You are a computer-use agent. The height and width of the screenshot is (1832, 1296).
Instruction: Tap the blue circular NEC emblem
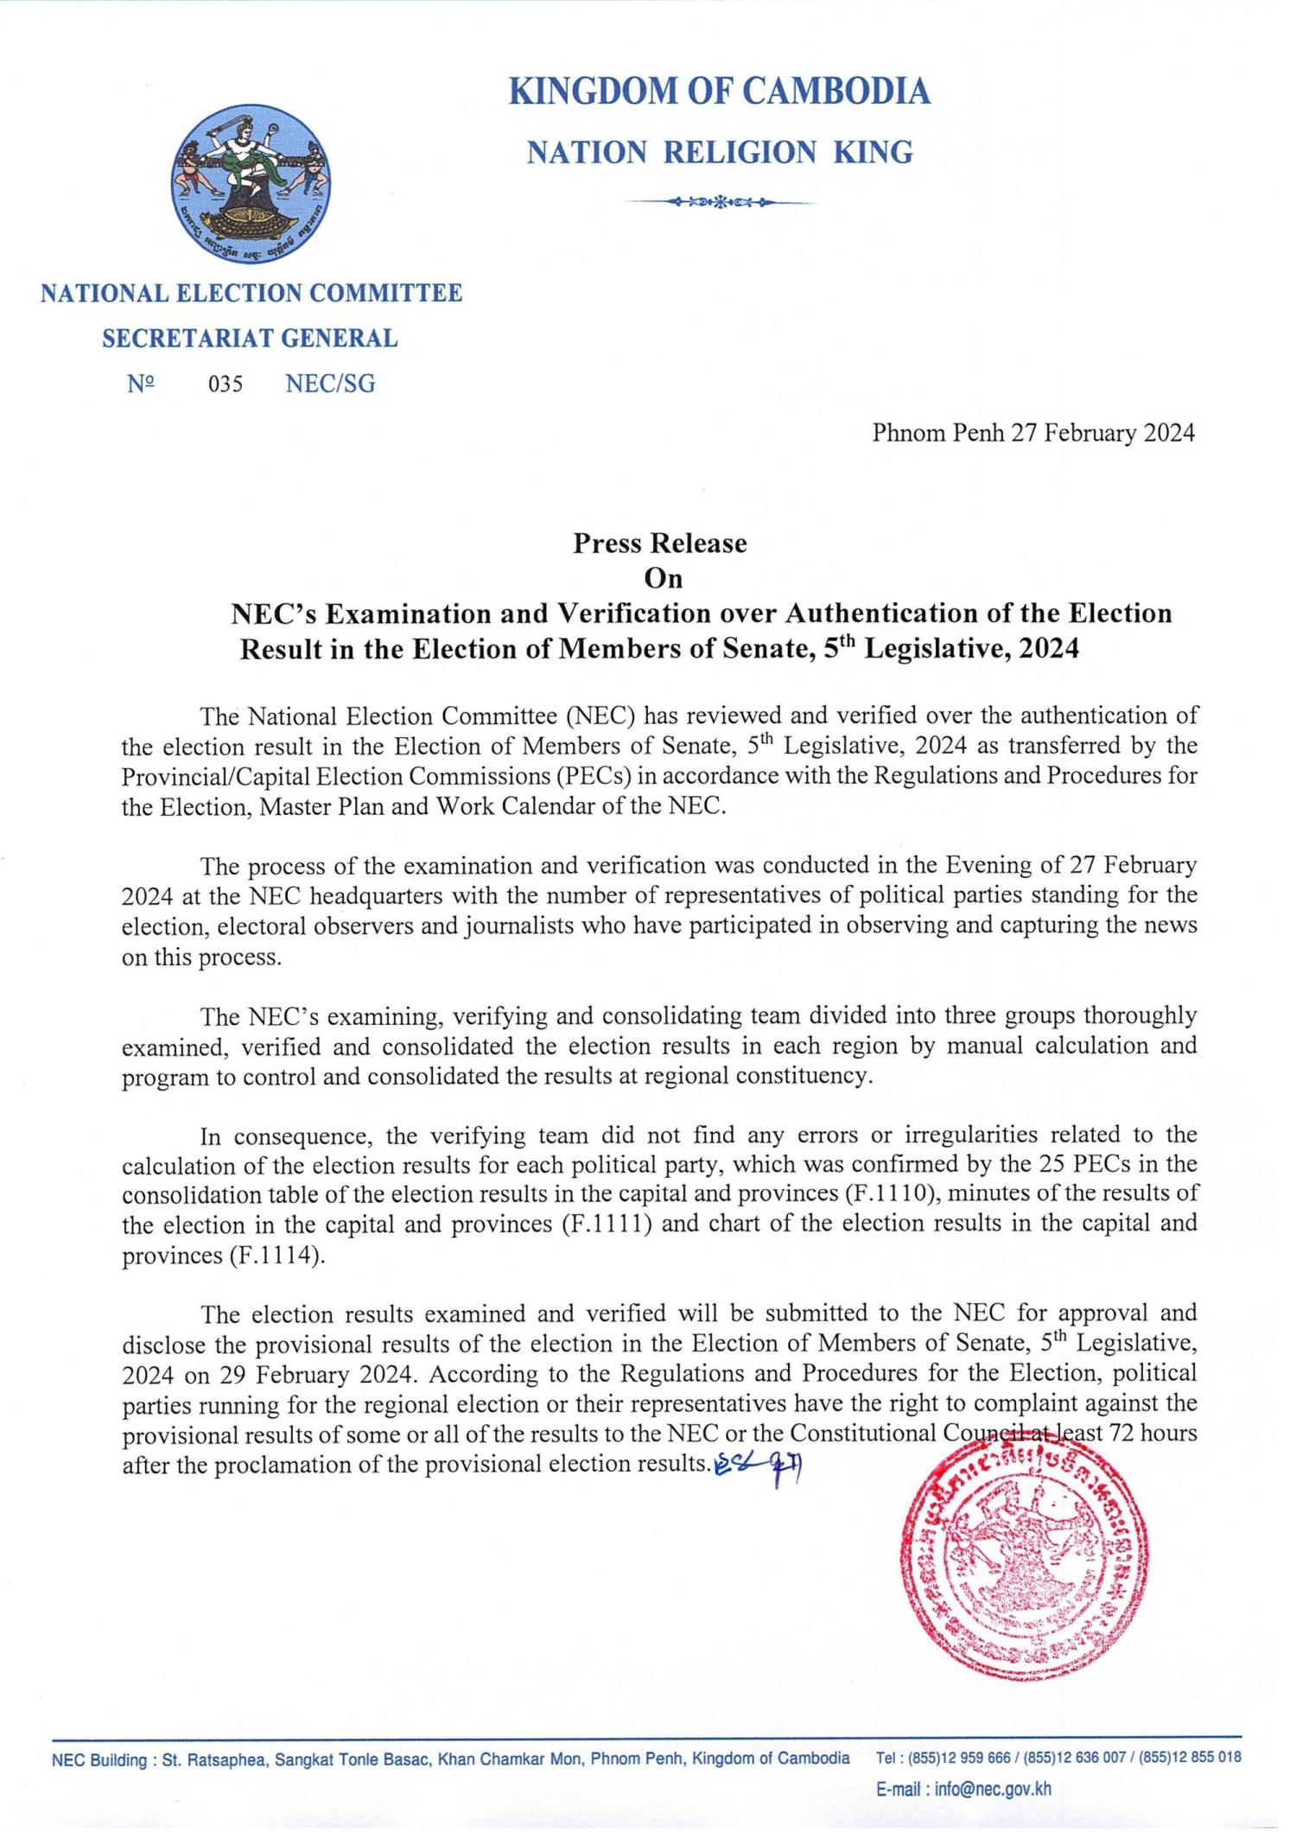pyautogui.click(x=251, y=183)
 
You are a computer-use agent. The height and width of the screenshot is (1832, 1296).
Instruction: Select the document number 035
pyautogui.click(x=225, y=385)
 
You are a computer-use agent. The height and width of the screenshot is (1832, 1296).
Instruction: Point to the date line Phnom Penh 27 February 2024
pyautogui.click(x=1033, y=433)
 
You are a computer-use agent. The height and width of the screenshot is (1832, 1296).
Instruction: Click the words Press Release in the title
pyautogui.click(x=660, y=543)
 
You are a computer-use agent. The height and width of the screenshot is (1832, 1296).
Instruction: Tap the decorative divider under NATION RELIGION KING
pyautogui.click(x=721, y=203)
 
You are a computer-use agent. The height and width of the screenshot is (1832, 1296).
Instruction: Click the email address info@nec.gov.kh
pyautogui.click(x=992, y=1789)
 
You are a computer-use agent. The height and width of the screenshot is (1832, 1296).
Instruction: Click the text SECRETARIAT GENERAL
pyautogui.click(x=250, y=339)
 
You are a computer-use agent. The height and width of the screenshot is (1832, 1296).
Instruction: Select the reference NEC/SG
pyautogui.click(x=330, y=385)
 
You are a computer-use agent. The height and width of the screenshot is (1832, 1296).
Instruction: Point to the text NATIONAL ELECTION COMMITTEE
pyautogui.click(x=251, y=294)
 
